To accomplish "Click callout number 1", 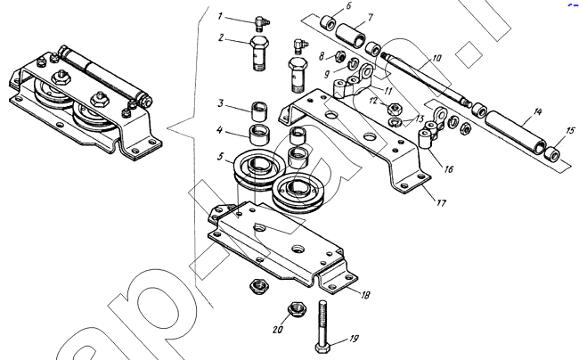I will [220, 16].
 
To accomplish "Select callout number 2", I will [220, 37].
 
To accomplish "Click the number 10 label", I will [436, 58].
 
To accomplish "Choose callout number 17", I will [441, 202].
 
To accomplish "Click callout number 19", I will [355, 339].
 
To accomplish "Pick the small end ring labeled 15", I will [555, 157].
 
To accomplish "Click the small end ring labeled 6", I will [329, 21].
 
